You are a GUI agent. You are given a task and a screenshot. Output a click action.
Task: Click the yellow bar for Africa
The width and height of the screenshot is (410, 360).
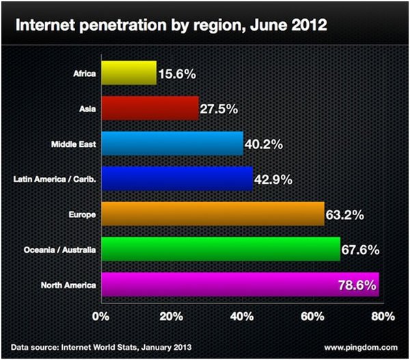(128, 72)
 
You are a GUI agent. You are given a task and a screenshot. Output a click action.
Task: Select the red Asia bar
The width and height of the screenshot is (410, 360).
(150, 107)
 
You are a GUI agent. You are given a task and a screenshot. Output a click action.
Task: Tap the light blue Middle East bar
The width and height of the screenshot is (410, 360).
(172, 143)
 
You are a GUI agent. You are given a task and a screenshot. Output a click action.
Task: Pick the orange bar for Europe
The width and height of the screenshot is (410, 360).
(212, 214)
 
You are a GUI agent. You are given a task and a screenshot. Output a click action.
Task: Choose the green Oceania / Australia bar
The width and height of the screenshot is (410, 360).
(220, 249)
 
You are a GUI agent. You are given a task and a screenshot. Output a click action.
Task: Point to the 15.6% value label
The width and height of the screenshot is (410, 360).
(178, 72)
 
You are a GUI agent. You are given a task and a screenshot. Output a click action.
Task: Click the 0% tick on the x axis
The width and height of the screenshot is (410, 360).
(100, 316)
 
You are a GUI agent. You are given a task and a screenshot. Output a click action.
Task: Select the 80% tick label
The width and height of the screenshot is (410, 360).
(383, 316)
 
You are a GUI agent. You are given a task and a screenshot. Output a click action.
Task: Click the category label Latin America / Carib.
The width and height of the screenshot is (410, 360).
(55, 180)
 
